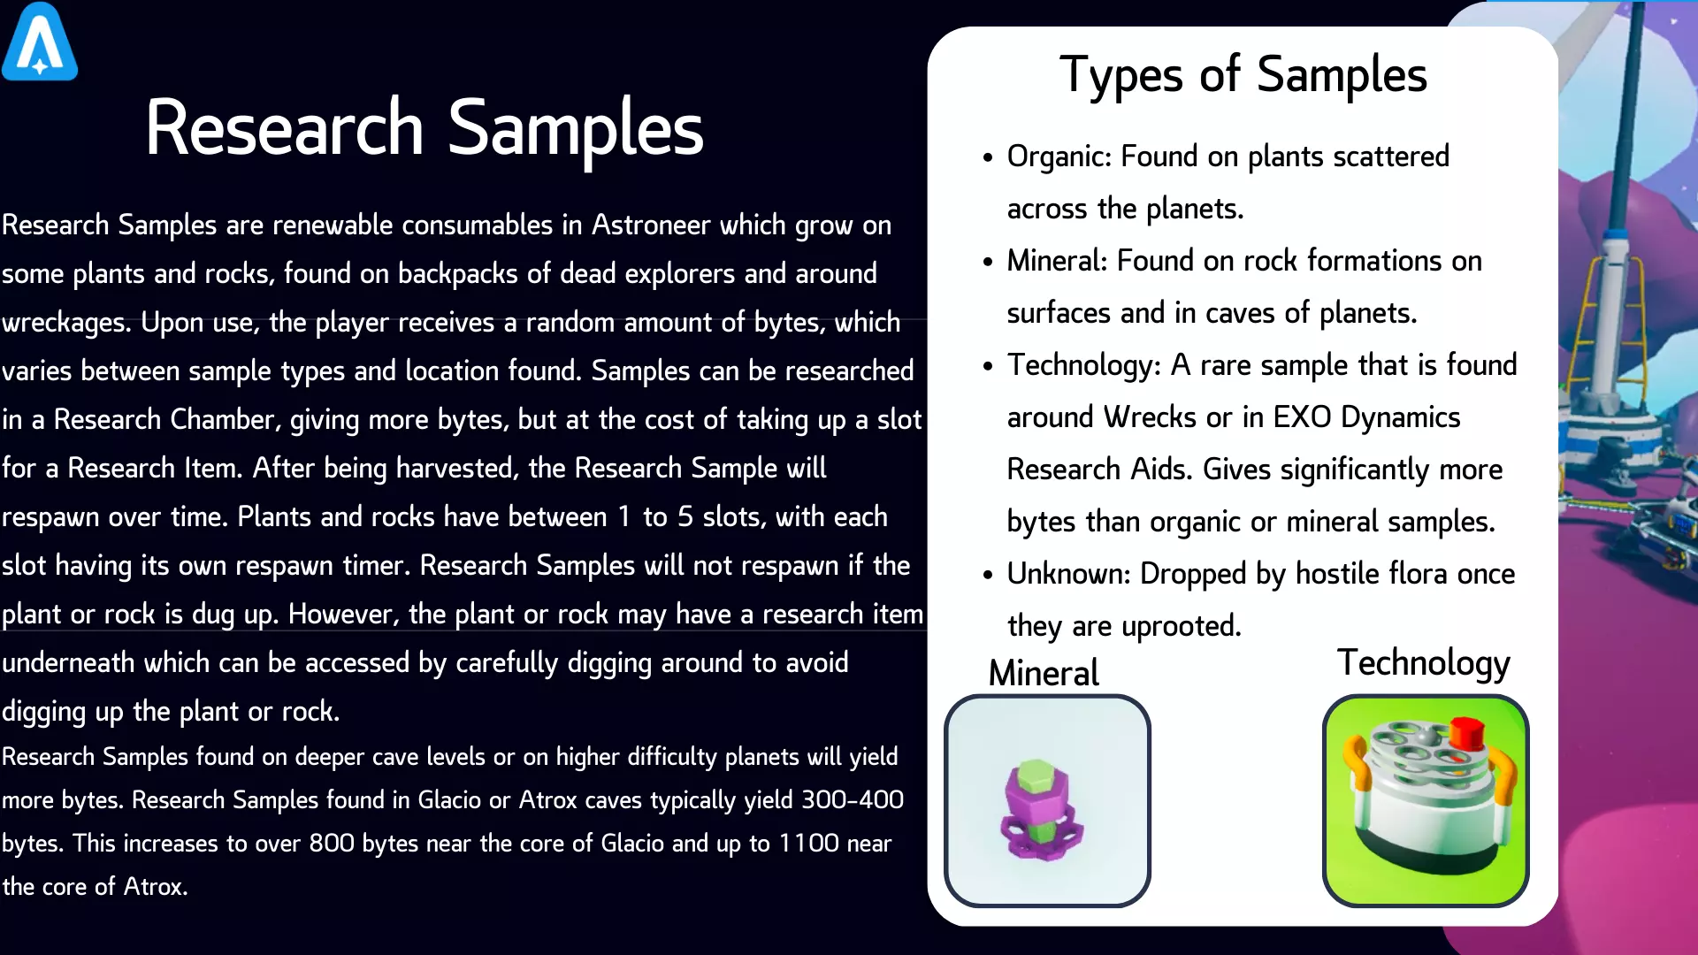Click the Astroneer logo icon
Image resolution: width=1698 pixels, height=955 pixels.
40,42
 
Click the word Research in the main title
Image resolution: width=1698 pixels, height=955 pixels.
285,128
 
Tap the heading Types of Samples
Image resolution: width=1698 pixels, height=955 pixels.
1243,75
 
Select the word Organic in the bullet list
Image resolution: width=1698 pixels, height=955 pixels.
1058,157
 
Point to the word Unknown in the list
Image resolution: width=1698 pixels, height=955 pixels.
1068,574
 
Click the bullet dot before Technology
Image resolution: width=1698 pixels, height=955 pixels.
988,367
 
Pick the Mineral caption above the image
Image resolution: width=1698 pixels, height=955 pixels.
1044,673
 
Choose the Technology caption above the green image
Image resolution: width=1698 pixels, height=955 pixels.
1423,663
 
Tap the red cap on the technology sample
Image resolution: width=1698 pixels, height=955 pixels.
1467,733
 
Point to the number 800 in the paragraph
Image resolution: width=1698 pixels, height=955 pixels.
333,844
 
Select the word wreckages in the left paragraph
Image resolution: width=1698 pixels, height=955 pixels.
66,324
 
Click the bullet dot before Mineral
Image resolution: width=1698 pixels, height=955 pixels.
988,263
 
